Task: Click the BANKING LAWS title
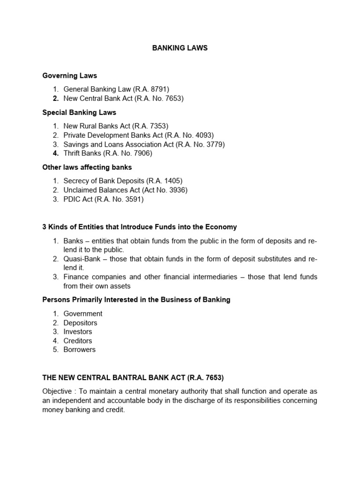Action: (x=180, y=48)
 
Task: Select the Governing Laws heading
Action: (x=69, y=75)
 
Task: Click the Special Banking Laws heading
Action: (x=79, y=112)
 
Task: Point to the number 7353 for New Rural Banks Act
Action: (x=157, y=126)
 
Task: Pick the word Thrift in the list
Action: (x=72, y=153)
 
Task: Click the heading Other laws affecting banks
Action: (x=87, y=167)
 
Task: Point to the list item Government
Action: (x=83, y=314)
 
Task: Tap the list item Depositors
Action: (x=80, y=323)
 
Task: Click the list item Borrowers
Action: (x=79, y=350)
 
